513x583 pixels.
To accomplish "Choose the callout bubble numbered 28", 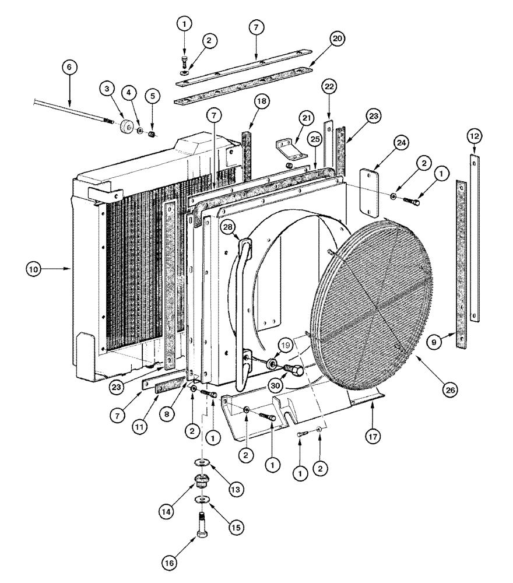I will pos(227,226).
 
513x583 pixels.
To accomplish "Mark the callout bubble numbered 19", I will pos(287,346).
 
